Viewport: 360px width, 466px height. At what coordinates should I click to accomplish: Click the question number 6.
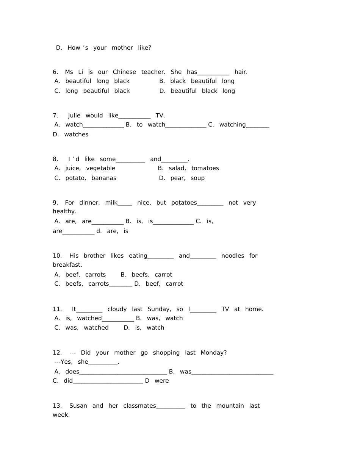click(x=55, y=72)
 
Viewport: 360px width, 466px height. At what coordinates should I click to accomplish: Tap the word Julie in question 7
click(x=74, y=116)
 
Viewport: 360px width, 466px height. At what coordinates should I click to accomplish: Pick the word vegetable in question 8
click(x=100, y=168)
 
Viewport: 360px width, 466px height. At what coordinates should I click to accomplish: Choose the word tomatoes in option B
click(x=205, y=168)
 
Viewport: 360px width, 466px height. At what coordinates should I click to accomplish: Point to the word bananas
click(x=104, y=178)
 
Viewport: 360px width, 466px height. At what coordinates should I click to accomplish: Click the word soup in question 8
click(x=197, y=178)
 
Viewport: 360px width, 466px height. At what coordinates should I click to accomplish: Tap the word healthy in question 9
click(x=64, y=211)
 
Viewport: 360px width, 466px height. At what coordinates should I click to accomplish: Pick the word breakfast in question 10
click(x=67, y=265)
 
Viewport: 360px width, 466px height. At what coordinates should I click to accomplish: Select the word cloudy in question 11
click(x=117, y=309)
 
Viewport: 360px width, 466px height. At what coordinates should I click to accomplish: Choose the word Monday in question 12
click(x=213, y=353)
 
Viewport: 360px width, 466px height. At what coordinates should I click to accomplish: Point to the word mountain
click(x=230, y=406)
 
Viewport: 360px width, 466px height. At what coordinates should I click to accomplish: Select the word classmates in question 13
click(x=139, y=406)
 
